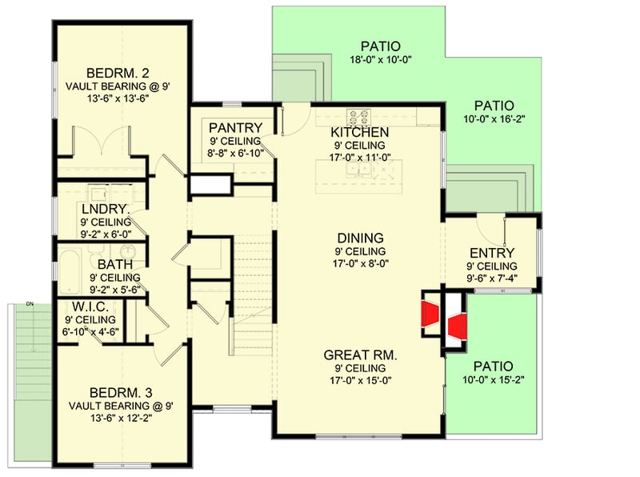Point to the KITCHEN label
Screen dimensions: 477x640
[360, 132]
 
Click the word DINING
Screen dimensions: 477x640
[360, 238]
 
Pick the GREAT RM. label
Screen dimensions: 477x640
[361, 355]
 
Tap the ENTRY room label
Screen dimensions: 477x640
[492, 253]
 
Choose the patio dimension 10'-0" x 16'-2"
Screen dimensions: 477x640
[494, 119]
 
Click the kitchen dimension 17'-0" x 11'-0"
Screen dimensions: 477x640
[360, 158]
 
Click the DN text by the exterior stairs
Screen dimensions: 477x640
[29, 304]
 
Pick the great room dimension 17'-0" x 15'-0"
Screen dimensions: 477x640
[360, 380]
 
